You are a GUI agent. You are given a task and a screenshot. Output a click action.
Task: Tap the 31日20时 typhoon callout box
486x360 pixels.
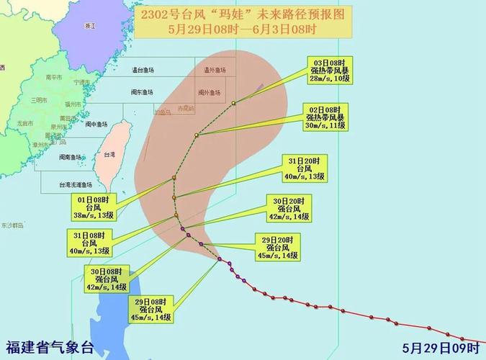[x=303, y=169]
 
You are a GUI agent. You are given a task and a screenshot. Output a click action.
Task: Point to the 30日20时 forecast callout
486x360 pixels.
[x=291, y=207]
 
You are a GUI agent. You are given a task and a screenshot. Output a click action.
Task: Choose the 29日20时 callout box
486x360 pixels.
[x=278, y=246]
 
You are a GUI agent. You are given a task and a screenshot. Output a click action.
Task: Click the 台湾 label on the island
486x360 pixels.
[x=109, y=155]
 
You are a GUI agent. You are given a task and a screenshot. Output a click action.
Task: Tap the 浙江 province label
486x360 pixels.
[x=89, y=25]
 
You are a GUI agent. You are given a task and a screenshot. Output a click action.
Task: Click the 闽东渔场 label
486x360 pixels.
[x=141, y=92]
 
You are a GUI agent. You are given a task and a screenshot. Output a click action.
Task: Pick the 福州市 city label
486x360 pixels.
[x=70, y=104]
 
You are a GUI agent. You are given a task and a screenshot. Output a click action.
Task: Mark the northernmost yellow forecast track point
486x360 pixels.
[x=234, y=104]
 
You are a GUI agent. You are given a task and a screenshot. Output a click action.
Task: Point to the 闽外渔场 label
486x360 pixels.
[x=215, y=92]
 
